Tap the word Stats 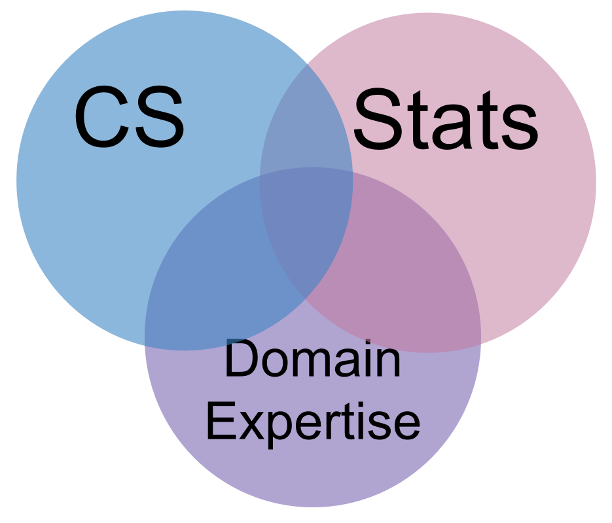pyautogui.click(x=445, y=122)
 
